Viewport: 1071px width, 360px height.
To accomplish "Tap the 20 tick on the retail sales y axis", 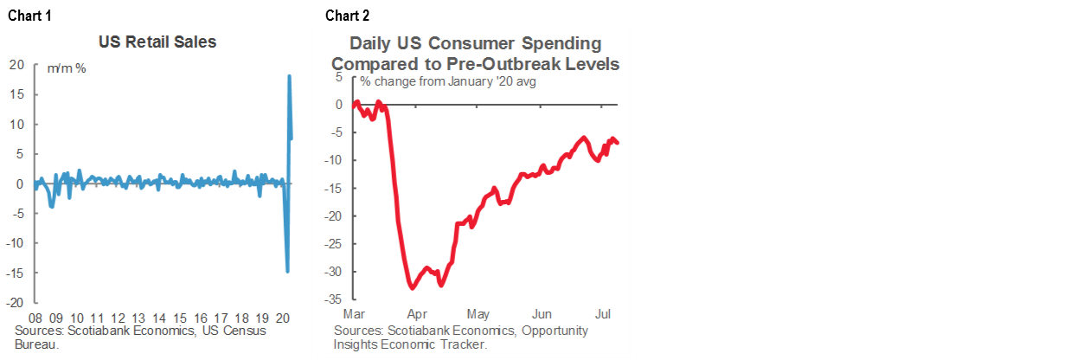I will (x=15, y=64).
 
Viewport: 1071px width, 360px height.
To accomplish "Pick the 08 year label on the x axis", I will (x=35, y=317).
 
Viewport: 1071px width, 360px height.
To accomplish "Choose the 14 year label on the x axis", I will (x=159, y=317).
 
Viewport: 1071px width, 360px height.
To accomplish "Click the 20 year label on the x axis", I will (x=283, y=317).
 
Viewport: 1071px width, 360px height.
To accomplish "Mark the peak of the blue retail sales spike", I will (x=289, y=76).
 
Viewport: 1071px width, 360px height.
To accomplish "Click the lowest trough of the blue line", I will (x=287, y=272).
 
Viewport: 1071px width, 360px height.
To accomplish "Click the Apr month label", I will (x=417, y=312).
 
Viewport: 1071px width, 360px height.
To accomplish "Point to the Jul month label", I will (x=604, y=312).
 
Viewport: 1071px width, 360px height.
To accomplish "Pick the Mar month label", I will (x=355, y=312).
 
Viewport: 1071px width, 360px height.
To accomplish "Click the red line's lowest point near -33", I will (x=411, y=288).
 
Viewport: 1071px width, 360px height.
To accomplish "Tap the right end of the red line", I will (x=618, y=143).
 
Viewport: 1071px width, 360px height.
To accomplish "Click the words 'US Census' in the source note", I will (x=261, y=331).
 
